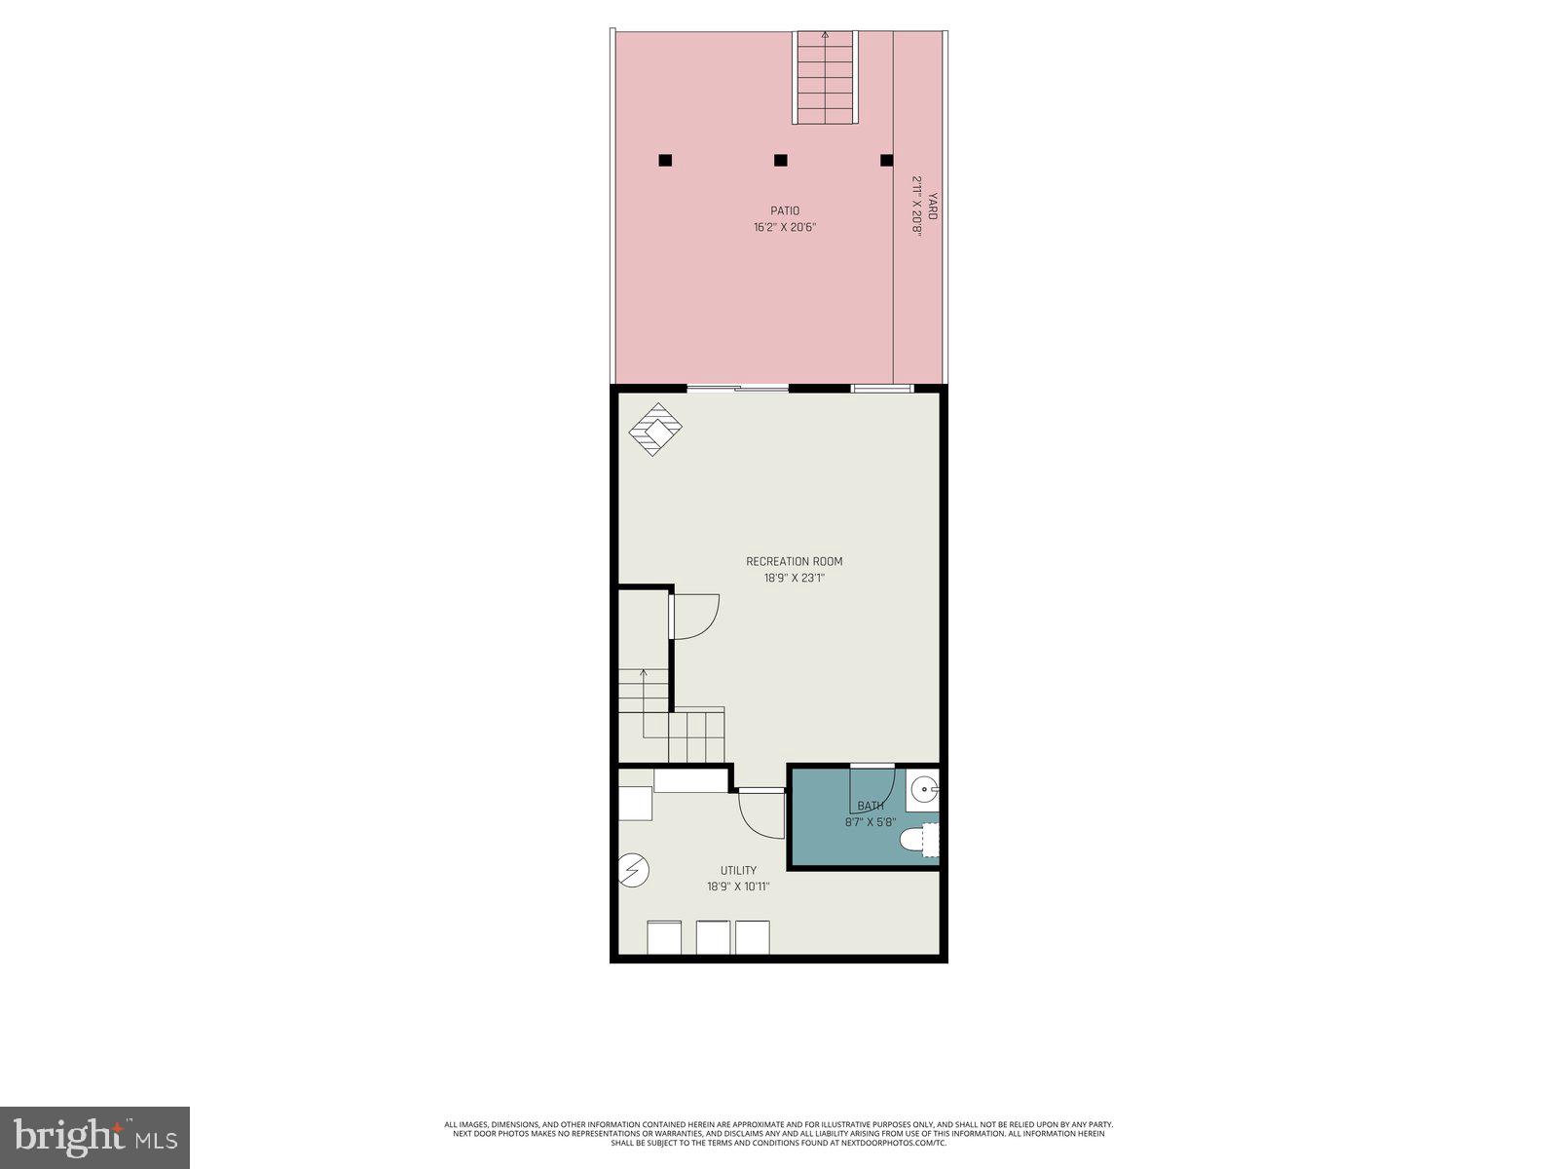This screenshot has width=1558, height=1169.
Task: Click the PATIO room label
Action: point(785,210)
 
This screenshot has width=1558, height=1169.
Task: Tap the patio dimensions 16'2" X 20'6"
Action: point(785,228)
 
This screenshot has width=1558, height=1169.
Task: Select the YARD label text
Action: point(932,206)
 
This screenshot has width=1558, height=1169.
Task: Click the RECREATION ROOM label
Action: point(794,561)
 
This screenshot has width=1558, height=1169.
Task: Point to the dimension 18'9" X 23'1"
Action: point(794,579)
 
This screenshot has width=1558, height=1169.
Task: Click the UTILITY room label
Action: point(738,871)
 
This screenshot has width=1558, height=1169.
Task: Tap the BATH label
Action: point(871,807)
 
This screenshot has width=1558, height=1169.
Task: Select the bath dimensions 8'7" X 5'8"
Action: point(871,822)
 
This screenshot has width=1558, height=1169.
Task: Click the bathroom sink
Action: point(924,791)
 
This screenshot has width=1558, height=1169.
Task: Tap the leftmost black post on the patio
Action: point(665,160)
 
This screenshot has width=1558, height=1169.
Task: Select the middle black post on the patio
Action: point(780,160)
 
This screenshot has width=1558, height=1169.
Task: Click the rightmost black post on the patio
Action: point(886,160)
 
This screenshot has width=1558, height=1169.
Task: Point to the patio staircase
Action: point(826,78)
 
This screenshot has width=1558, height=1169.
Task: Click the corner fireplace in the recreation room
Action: point(655,429)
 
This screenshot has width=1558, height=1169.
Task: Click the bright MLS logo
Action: point(94,1137)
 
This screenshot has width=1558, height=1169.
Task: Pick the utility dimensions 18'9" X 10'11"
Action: point(738,887)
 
